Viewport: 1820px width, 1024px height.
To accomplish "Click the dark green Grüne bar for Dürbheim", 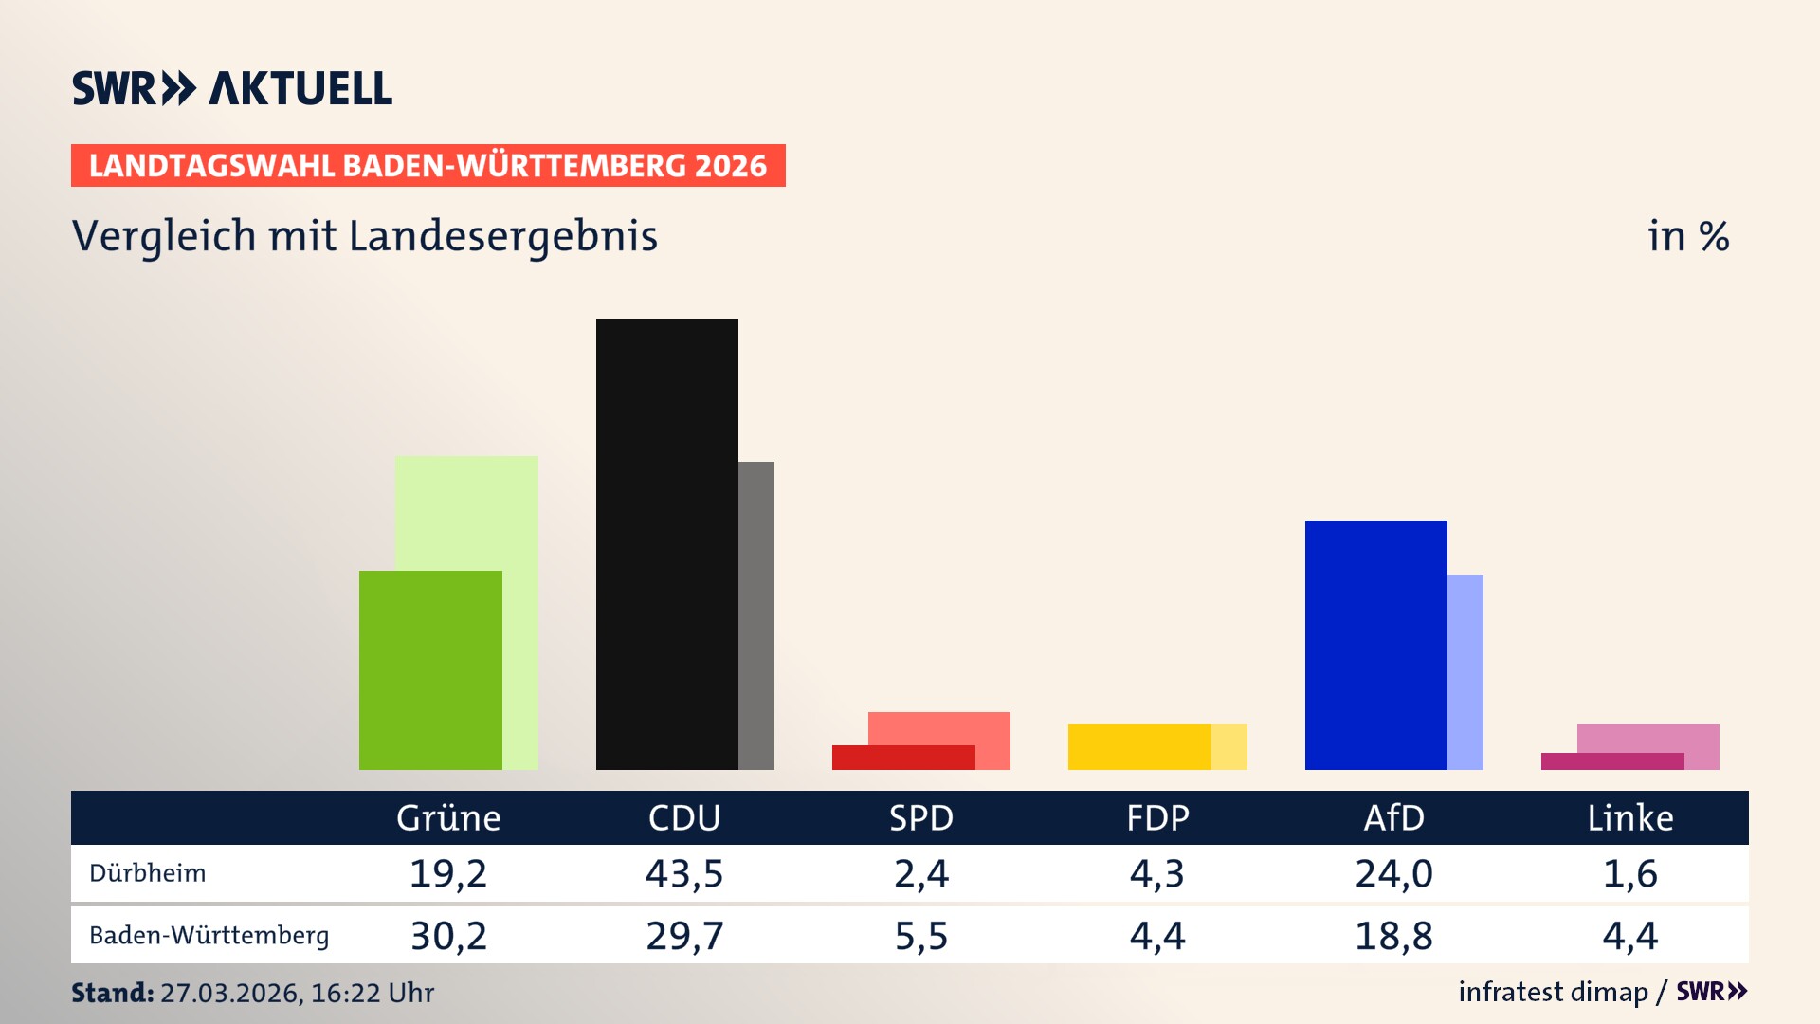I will (430, 669).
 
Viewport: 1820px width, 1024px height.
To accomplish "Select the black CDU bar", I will (666, 543).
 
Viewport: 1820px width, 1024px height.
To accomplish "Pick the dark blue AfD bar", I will (1375, 645).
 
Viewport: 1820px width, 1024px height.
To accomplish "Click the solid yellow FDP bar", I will (1139, 746).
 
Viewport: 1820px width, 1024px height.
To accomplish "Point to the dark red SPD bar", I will (903, 758).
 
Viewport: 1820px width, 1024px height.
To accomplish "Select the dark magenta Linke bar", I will (1611, 761).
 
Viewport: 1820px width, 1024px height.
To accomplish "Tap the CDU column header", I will (684, 818).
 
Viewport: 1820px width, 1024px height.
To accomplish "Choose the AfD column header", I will (1393, 818).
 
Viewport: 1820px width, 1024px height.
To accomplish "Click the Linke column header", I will (1630, 818).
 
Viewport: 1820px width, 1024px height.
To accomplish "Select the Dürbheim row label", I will (148, 873).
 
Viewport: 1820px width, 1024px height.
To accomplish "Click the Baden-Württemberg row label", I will (209, 936).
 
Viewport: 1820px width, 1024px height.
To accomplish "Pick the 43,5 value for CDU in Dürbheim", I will (684, 873).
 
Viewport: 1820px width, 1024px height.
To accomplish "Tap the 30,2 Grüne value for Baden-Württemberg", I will (448, 936).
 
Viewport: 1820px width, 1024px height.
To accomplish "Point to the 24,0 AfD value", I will (1393, 873).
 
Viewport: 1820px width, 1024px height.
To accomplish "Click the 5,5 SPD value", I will (921, 936).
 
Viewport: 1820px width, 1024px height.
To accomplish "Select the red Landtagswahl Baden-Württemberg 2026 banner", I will (428, 166).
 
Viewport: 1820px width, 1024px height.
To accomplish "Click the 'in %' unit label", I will (1688, 236).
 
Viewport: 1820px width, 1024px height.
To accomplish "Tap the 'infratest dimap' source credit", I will (1553, 992).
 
